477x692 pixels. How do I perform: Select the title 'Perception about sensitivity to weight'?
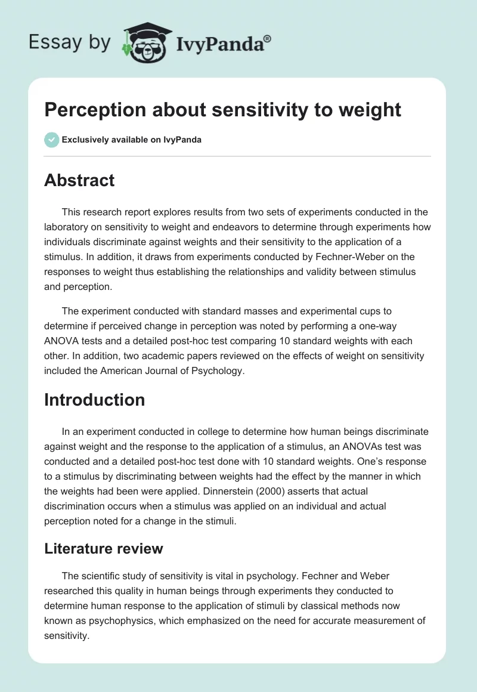[223, 109]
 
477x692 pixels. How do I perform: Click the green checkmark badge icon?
[51, 140]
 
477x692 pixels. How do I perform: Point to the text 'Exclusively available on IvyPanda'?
[132, 140]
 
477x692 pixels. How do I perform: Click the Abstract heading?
[79, 180]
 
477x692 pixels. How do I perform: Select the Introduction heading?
[94, 399]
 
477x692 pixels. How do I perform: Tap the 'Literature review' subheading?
[104, 548]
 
